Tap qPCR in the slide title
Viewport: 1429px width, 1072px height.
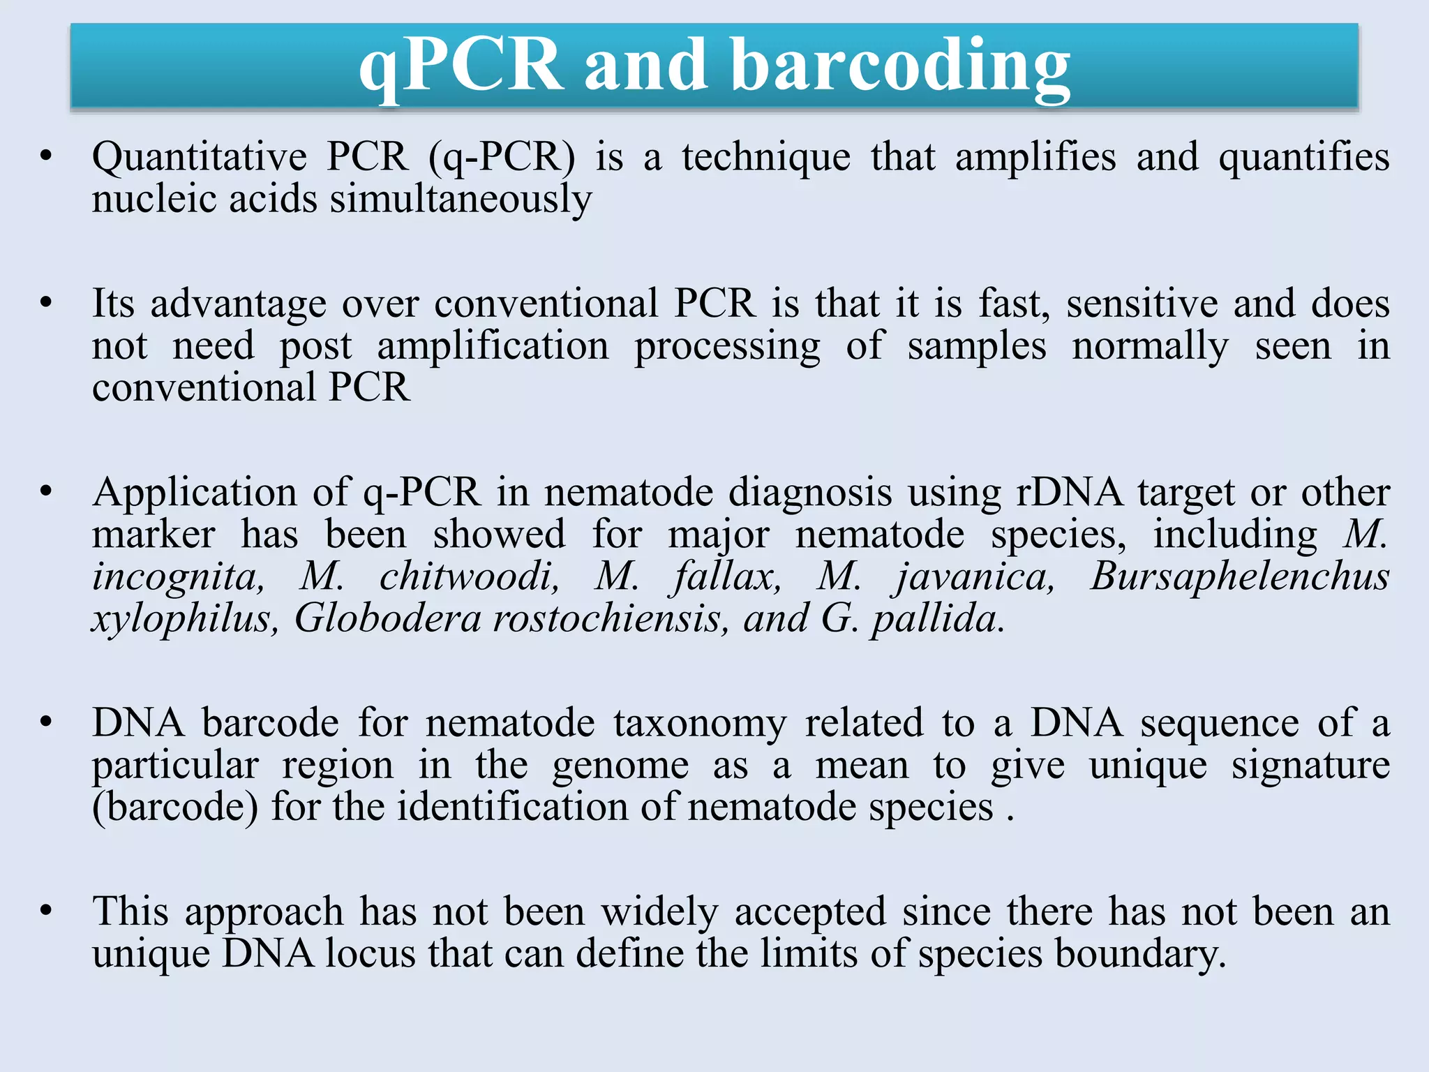coord(461,66)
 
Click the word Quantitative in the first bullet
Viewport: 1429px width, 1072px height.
coord(200,156)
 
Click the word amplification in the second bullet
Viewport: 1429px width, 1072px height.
coord(493,346)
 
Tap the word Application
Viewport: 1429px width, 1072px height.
coord(195,493)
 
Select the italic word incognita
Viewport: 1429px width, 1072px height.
coord(178,578)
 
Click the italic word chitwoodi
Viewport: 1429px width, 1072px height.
coord(469,576)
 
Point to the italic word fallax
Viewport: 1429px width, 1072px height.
coord(726,578)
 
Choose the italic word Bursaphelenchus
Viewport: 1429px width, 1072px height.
coord(1239,577)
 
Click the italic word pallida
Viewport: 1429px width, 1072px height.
coord(938,620)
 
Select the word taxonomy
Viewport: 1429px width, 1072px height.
coord(700,724)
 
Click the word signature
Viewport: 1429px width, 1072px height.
coord(1310,766)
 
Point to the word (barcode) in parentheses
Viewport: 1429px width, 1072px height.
coord(175,807)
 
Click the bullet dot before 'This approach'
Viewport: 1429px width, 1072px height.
coord(47,911)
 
